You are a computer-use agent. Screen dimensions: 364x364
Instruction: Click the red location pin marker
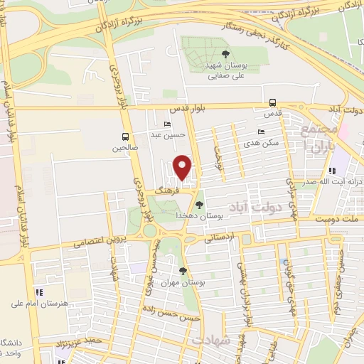[183, 167]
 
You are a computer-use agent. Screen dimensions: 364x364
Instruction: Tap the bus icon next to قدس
[273, 102]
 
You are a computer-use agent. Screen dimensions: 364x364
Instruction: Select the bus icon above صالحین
[125, 136]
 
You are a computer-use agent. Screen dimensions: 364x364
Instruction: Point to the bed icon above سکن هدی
[261, 132]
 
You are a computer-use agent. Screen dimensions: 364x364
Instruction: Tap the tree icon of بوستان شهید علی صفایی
[225, 53]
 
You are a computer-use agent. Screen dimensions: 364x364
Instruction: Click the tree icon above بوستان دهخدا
[199, 205]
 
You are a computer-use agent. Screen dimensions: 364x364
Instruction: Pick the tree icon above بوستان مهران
[183, 271]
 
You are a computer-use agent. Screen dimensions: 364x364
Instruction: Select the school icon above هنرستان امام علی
[40, 292]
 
